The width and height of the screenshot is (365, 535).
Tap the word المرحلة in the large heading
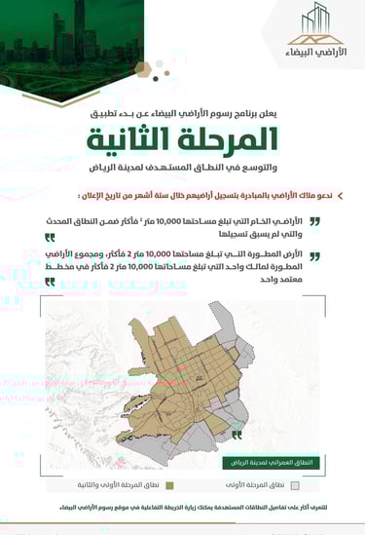tap(227, 141)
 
